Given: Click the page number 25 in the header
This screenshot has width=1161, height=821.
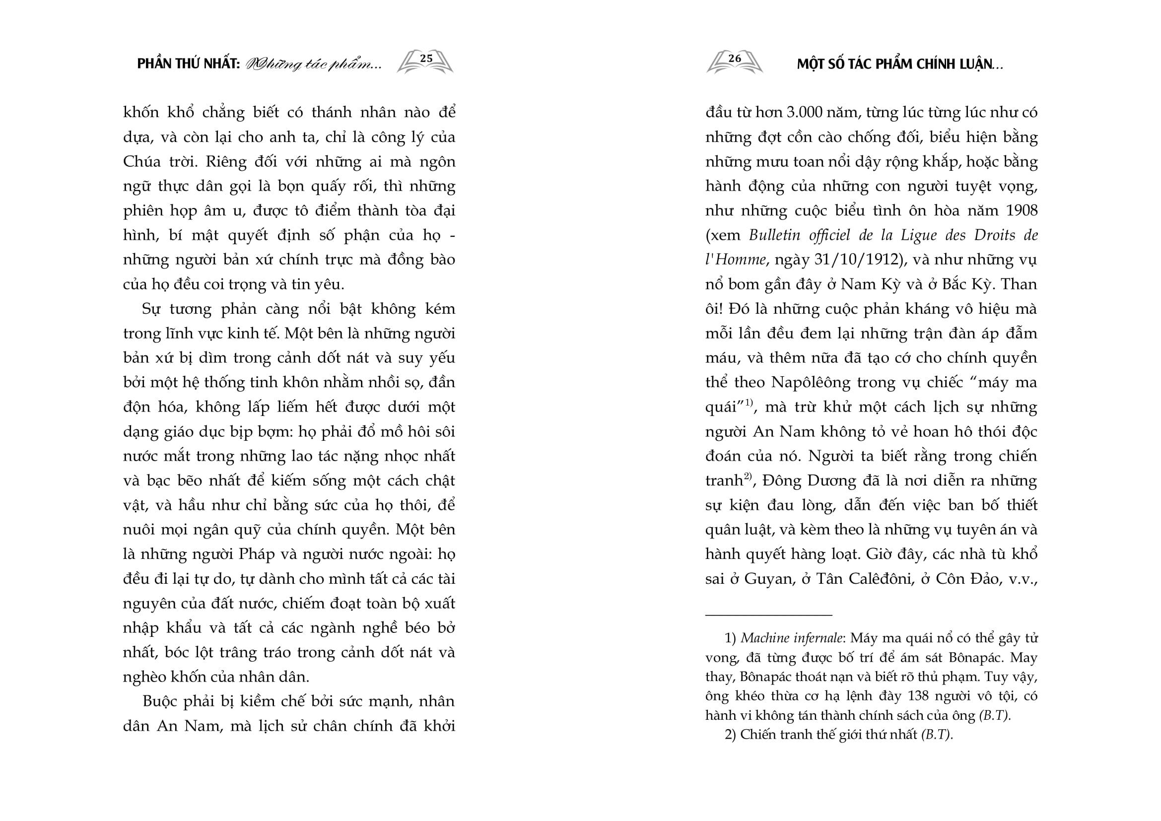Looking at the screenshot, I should pos(426,59).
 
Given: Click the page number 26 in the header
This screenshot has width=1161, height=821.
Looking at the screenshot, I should pos(734,59).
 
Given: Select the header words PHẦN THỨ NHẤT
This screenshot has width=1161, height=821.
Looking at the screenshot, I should pos(188,65).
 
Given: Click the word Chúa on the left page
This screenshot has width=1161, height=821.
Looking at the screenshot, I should pos(142,162).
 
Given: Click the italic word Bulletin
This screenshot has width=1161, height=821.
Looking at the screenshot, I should pos(774,236).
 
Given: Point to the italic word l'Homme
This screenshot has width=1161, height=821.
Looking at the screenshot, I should pos(735,260).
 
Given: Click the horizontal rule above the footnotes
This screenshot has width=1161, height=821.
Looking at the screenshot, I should pos(768,615).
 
